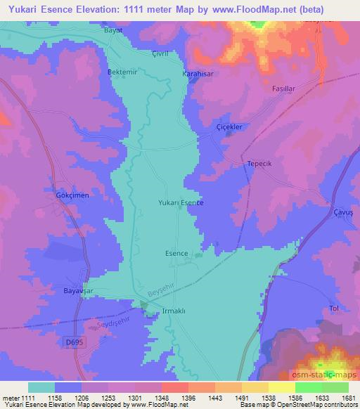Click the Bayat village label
113,31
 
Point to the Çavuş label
342,212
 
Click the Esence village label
176,253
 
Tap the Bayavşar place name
79,290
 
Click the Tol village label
335,309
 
